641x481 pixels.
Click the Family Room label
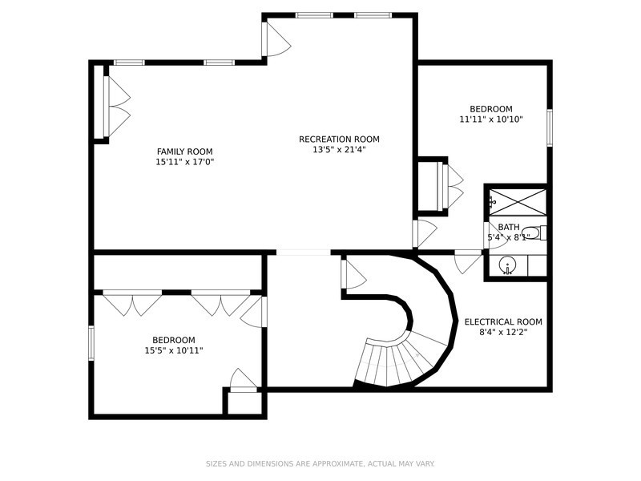[185, 152]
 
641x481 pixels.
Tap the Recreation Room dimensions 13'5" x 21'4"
[339, 150]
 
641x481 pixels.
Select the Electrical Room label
[503, 322]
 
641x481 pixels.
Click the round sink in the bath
[507, 265]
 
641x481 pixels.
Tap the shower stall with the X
[518, 202]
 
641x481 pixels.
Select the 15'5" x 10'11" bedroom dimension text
[174, 350]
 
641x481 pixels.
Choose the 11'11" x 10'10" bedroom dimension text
[491, 119]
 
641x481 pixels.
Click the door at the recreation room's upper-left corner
[276, 38]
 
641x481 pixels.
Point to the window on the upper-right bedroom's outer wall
[550, 127]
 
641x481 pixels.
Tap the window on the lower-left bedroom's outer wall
[91, 343]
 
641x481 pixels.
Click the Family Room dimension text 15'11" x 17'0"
[185, 162]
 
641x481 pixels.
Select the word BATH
[509, 227]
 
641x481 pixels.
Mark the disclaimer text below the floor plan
[320, 464]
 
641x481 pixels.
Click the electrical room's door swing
[469, 261]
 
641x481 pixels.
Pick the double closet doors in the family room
[117, 107]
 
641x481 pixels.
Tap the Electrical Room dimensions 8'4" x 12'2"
[503, 332]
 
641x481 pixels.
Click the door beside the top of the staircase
[353, 274]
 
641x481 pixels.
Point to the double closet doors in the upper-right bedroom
[451, 187]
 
